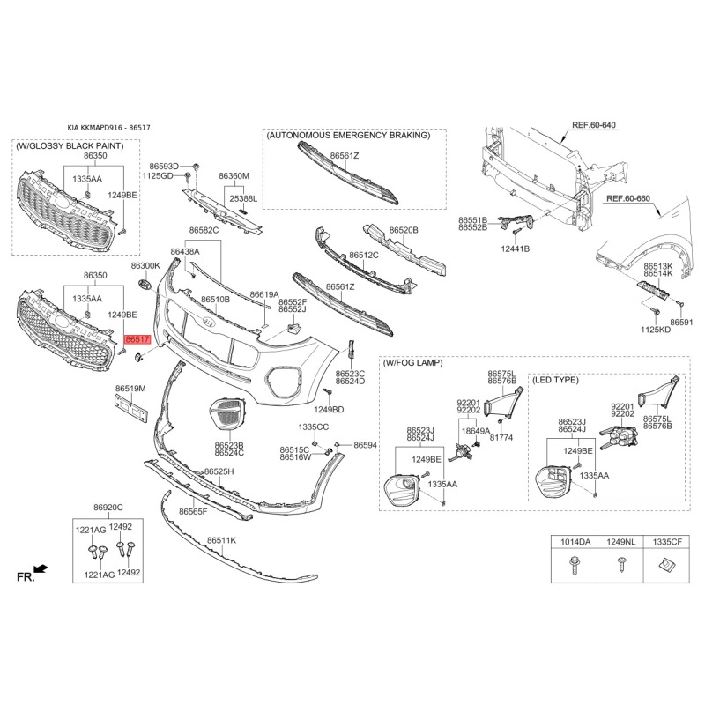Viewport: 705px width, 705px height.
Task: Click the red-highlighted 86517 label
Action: pyautogui.click(x=137, y=339)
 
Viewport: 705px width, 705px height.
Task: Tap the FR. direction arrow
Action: pyautogui.click(x=41, y=569)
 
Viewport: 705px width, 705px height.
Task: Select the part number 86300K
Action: pyautogui.click(x=145, y=266)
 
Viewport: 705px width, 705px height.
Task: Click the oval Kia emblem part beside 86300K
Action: pyautogui.click(x=145, y=284)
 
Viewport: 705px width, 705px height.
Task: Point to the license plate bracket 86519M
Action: pyautogui.click(x=130, y=408)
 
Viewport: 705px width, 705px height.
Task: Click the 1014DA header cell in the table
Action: pyautogui.click(x=575, y=542)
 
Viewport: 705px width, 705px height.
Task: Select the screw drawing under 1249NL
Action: pyautogui.click(x=621, y=564)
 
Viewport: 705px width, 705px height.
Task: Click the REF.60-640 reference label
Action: pyautogui.click(x=593, y=125)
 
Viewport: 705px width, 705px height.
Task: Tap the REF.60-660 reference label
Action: pyautogui.click(x=628, y=198)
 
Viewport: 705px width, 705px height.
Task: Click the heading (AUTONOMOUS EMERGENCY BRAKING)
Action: pyautogui.click(x=348, y=136)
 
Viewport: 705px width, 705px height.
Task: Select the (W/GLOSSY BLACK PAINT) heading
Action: pyautogui.click(x=70, y=145)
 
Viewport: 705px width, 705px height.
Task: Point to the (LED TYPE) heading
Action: pyautogui.click(x=555, y=380)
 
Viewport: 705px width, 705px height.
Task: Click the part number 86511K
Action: pyautogui.click(x=222, y=540)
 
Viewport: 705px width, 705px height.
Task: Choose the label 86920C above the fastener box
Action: pyautogui.click(x=108, y=508)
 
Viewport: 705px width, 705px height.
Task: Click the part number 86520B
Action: pyautogui.click(x=404, y=230)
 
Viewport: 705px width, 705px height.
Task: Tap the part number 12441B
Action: pyautogui.click(x=516, y=249)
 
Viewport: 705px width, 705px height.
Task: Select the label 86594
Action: pyautogui.click(x=366, y=445)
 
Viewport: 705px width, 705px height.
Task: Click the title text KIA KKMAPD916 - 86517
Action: pyautogui.click(x=108, y=128)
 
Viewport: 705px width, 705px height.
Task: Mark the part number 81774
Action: pyautogui.click(x=501, y=437)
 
